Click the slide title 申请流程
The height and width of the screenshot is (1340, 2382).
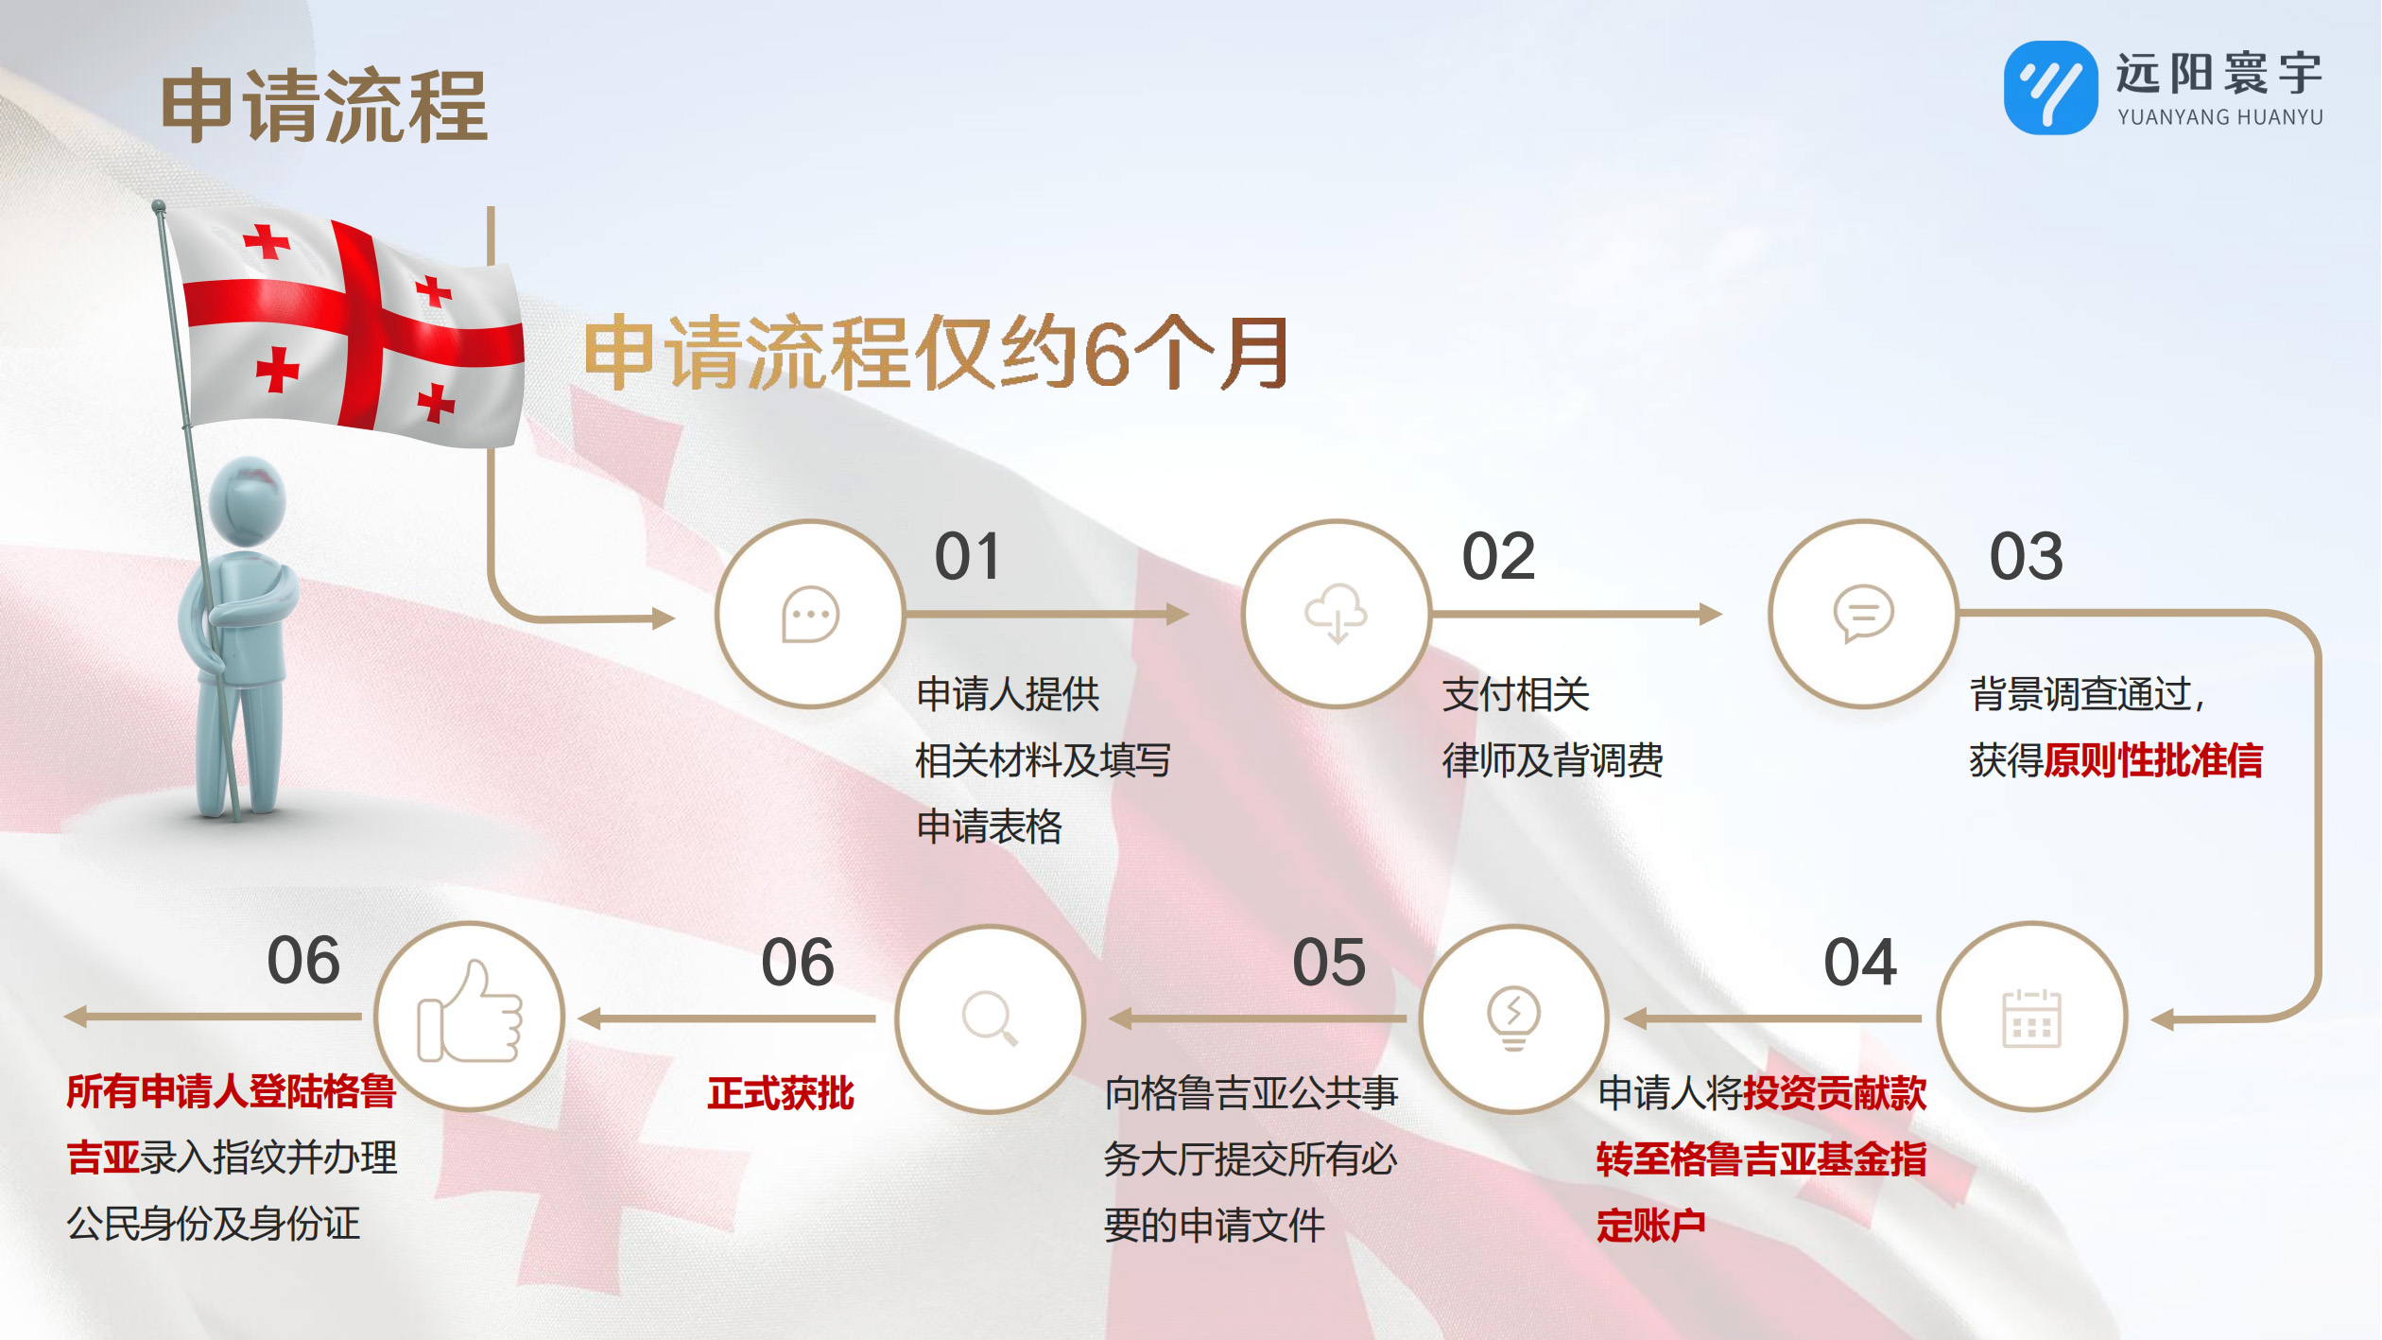pos(324,106)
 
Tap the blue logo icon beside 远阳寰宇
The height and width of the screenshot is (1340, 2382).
pos(2050,88)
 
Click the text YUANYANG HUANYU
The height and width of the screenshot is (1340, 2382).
pos(2219,117)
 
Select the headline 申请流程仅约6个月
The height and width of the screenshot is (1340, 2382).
pos(937,353)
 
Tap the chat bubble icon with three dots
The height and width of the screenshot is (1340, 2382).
pos(810,615)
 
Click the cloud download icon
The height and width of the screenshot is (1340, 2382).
pos(1336,614)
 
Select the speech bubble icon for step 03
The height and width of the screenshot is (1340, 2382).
pos(1863,614)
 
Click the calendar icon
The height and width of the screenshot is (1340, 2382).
pos(2031,1018)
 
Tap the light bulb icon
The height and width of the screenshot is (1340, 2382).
pos(1513,1018)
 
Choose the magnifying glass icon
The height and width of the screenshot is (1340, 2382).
pos(990,1018)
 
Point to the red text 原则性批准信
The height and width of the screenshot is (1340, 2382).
pos(2153,760)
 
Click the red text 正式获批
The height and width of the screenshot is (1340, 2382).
pos(781,1093)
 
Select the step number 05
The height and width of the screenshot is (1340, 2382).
pos(1329,963)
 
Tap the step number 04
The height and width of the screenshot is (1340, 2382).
pos(1860,963)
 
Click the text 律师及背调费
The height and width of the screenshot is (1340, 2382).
pos(1553,760)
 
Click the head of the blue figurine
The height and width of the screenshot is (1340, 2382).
pos(247,501)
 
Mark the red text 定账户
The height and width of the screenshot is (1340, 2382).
pos(1651,1226)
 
